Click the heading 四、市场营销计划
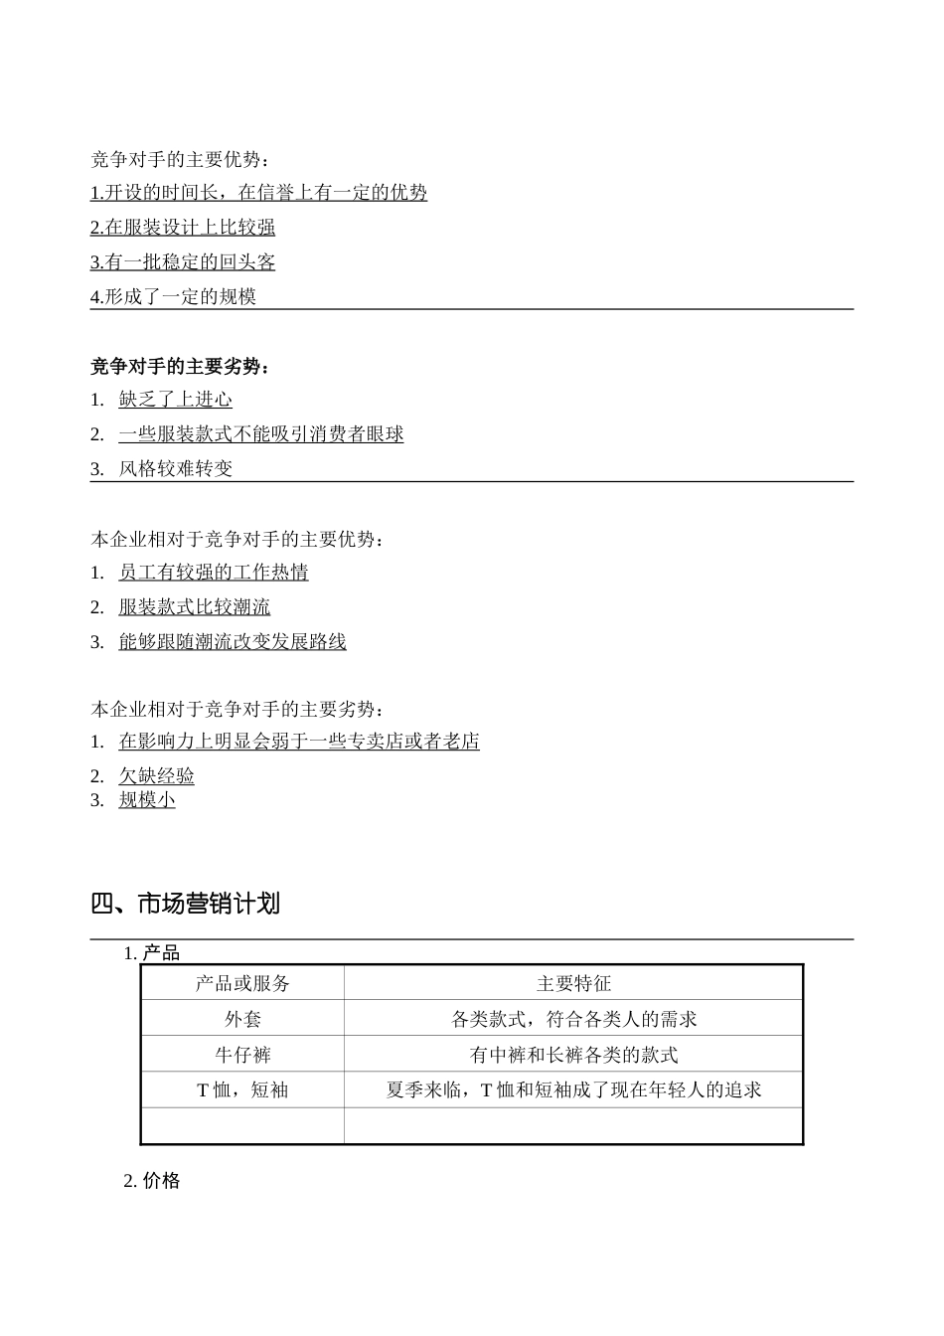(x=185, y=904)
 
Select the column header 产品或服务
(x=242, y=983)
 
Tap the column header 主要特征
(x=573, y=983)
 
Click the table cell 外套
(x=242, y=1019)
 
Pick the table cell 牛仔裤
(x=242, y=1055)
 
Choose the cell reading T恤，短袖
(x=242, y=1090)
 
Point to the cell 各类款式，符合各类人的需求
(x=573, y=1019)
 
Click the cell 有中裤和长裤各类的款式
(x=573, y=1055)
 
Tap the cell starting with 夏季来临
(x=573, y=1090)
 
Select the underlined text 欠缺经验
(x=156, y=775)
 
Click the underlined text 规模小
(x=147, y=799)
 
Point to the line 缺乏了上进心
(x=175, y=400)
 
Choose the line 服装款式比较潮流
(x=194, y=606)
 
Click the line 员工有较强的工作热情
(x=213, y=572)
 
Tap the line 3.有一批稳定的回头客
(x=183, y=262)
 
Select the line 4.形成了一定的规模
(x=173, y=296)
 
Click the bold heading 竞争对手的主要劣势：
(x=180, y=367)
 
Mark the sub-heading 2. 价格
(x=152, y=1181)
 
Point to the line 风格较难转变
(x=175, y=468)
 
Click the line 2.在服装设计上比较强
(x=183, y=228)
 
